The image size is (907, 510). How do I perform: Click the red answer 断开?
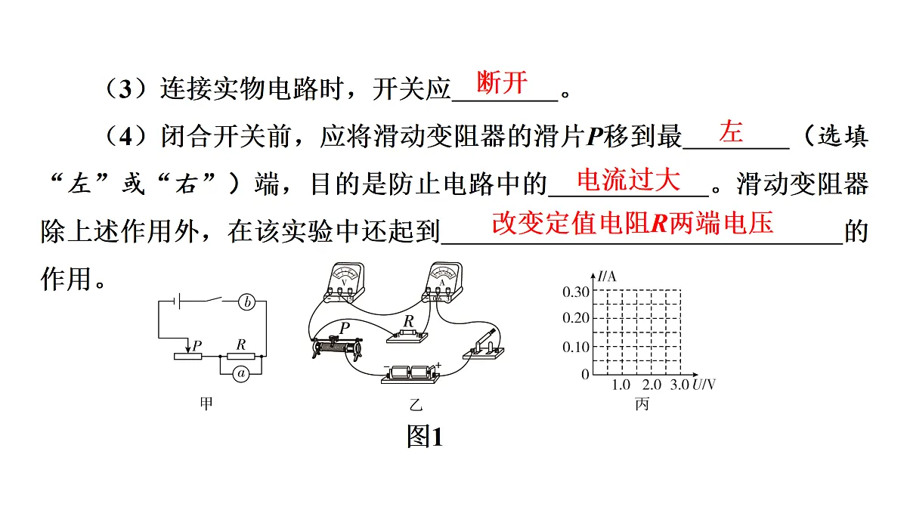click(502, 82)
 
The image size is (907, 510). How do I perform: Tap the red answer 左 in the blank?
click(732, 131)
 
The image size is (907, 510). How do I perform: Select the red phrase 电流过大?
click(628, 179)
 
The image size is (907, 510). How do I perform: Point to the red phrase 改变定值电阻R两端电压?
click(633, 223)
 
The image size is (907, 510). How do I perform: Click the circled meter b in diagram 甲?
click(246, 302)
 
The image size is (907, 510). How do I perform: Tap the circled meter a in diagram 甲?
click(241, 373)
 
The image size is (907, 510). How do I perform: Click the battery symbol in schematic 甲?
click(177, 301)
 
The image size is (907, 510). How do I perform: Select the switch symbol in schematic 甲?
click(212, 300)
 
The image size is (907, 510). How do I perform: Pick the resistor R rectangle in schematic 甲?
click(241, 356)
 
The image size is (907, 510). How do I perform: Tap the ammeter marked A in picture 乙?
click(442, 282)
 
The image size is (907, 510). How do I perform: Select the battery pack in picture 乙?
click(411, 373)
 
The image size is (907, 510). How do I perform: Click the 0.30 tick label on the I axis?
click(575, 292)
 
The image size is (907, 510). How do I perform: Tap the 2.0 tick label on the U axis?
click(652, 385)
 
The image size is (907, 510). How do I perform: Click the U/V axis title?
click(704, 385)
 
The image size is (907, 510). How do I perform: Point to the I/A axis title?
click(606, 277)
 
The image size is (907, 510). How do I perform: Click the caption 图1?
click(425, 437)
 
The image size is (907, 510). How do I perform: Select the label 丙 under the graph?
click(642, 404)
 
